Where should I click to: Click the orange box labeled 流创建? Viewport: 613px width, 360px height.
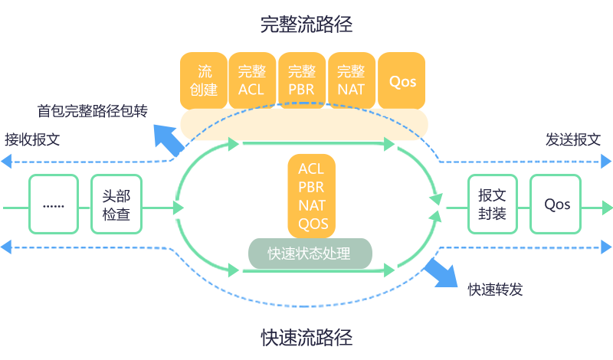coord(204,80)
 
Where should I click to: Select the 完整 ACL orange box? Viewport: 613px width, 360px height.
coord(251,80)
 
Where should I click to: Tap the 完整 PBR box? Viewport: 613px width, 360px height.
coord(301,80)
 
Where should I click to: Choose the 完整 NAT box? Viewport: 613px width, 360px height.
coord(351,80)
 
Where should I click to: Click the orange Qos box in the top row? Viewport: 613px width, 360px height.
coord(402,80)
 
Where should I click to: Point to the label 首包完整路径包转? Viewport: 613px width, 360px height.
coord(93,112)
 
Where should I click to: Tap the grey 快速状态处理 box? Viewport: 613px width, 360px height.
coord(310,254)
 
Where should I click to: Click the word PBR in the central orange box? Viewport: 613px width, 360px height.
coord(311,187)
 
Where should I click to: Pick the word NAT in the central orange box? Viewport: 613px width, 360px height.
coord(312,205)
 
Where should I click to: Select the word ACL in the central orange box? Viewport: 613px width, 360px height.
coord(311,169)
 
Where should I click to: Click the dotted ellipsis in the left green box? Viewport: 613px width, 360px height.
coord(53,206)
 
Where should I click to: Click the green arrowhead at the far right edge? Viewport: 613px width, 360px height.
coord(607,208)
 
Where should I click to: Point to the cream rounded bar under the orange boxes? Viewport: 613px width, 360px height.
coord(303,124)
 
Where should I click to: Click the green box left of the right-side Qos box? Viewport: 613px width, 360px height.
coord(493,204)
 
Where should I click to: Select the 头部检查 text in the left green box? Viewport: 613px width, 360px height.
coord(116,205)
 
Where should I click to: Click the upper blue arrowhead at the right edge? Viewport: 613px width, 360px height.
coord(606,162)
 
